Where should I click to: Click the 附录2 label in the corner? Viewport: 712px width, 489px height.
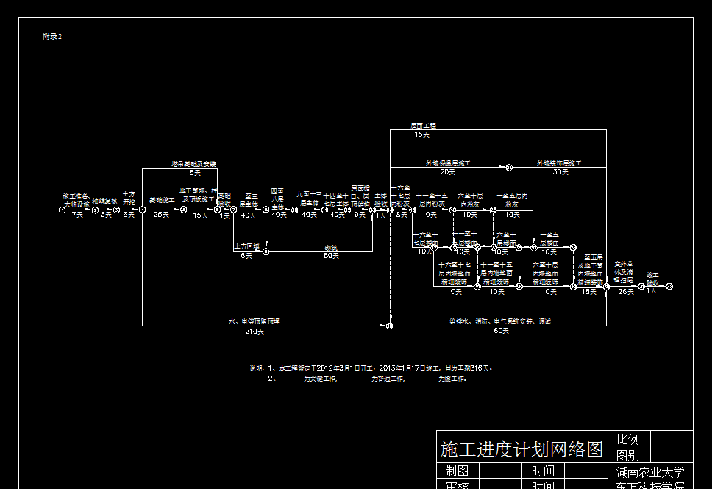pos(52,36)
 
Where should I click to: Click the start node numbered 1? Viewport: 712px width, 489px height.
pos(63,210)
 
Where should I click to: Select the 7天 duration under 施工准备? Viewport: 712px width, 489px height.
pos(78,215)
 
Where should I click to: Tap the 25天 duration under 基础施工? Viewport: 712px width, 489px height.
pos(161,215)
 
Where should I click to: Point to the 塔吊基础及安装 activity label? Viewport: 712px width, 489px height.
pos(193,164)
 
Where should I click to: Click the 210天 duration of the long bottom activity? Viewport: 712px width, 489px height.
pos(254,332)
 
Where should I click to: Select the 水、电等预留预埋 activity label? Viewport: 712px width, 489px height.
pos(254,321)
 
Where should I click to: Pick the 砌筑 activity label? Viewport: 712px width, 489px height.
pos(331,248)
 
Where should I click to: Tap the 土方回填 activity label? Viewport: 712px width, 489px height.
pos(247,246)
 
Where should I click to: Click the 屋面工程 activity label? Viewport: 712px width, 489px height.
pos(423,126)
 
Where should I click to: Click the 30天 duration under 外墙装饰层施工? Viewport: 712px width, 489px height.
pos(560,172)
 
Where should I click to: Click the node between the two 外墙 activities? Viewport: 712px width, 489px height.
pos(508,168)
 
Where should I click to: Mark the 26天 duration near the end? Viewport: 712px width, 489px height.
pos(625,292)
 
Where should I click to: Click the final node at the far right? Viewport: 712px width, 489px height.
pos(669,287)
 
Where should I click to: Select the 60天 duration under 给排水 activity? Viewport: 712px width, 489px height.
pos(500,332)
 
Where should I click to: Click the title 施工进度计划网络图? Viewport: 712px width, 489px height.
pos(521,449)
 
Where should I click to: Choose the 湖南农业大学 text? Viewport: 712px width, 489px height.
pos(650,472)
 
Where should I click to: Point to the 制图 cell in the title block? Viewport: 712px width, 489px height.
pos(457,471)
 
